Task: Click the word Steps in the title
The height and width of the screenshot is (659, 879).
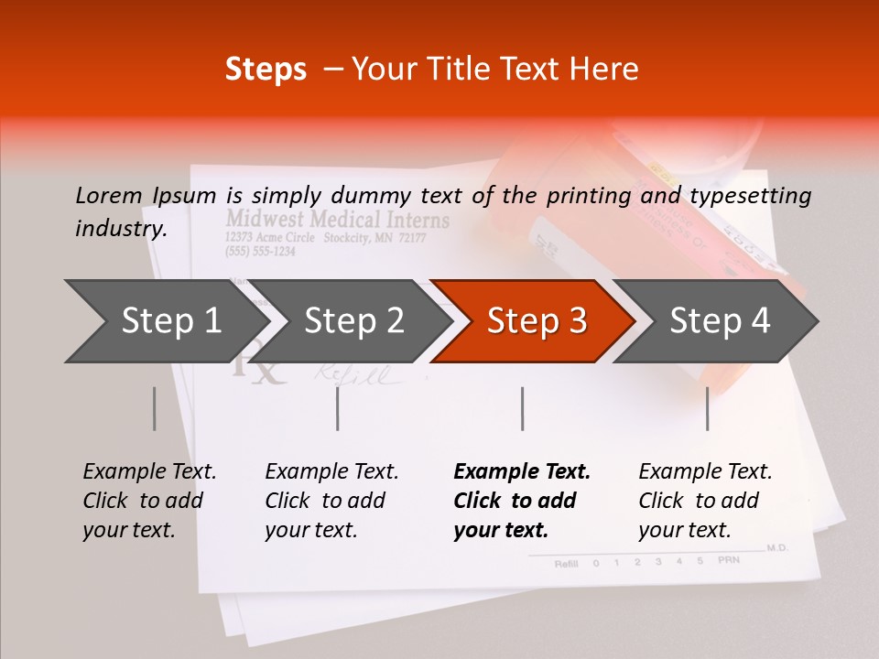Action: [266, 70]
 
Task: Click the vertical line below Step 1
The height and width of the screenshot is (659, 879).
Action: [154, 408]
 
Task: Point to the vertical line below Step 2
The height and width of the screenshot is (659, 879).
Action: [338, 408]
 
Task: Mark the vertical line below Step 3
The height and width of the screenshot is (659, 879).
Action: [523, 408]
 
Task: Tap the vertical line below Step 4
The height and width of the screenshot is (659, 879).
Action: [708, 408]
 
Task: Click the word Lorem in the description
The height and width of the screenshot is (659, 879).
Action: [109, 195]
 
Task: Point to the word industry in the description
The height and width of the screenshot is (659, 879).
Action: [121, 229]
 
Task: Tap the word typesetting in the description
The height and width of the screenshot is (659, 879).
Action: [750, 196]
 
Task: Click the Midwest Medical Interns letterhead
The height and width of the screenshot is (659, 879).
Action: [338, 220]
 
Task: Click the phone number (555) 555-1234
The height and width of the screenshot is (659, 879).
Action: [260, 252]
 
